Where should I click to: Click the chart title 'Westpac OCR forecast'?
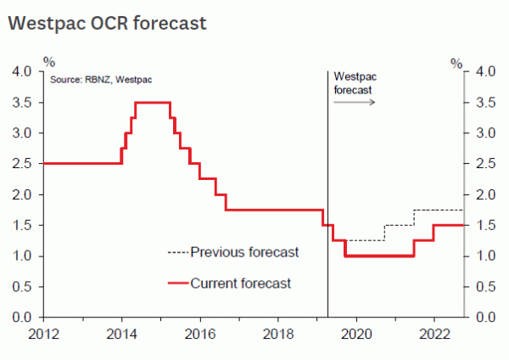click(x=107, y=23)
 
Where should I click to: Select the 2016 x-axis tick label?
click(x=200, y=332)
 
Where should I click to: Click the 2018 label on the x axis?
click(x=278, y=332)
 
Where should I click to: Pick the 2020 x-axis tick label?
click(x=356, y=332)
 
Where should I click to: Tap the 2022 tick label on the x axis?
click(x=434, y=332)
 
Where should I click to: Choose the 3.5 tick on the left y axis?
click(x=22, y=103)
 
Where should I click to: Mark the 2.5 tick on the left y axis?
click(x=22, y=164)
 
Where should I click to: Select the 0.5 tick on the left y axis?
click(x=22, y=287)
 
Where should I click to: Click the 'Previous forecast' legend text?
click(x=244, y=252)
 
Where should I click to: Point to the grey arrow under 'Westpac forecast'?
click(x=354, y=102)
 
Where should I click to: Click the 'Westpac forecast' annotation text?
click(x=353, y=82)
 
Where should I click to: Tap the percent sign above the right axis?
click(x=456, y=63)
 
